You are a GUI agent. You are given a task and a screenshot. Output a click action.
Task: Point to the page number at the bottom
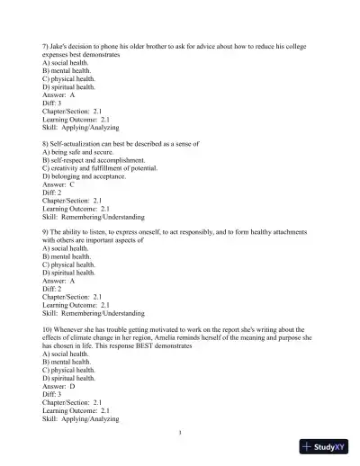pyautogui.click(x=180, y=433)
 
